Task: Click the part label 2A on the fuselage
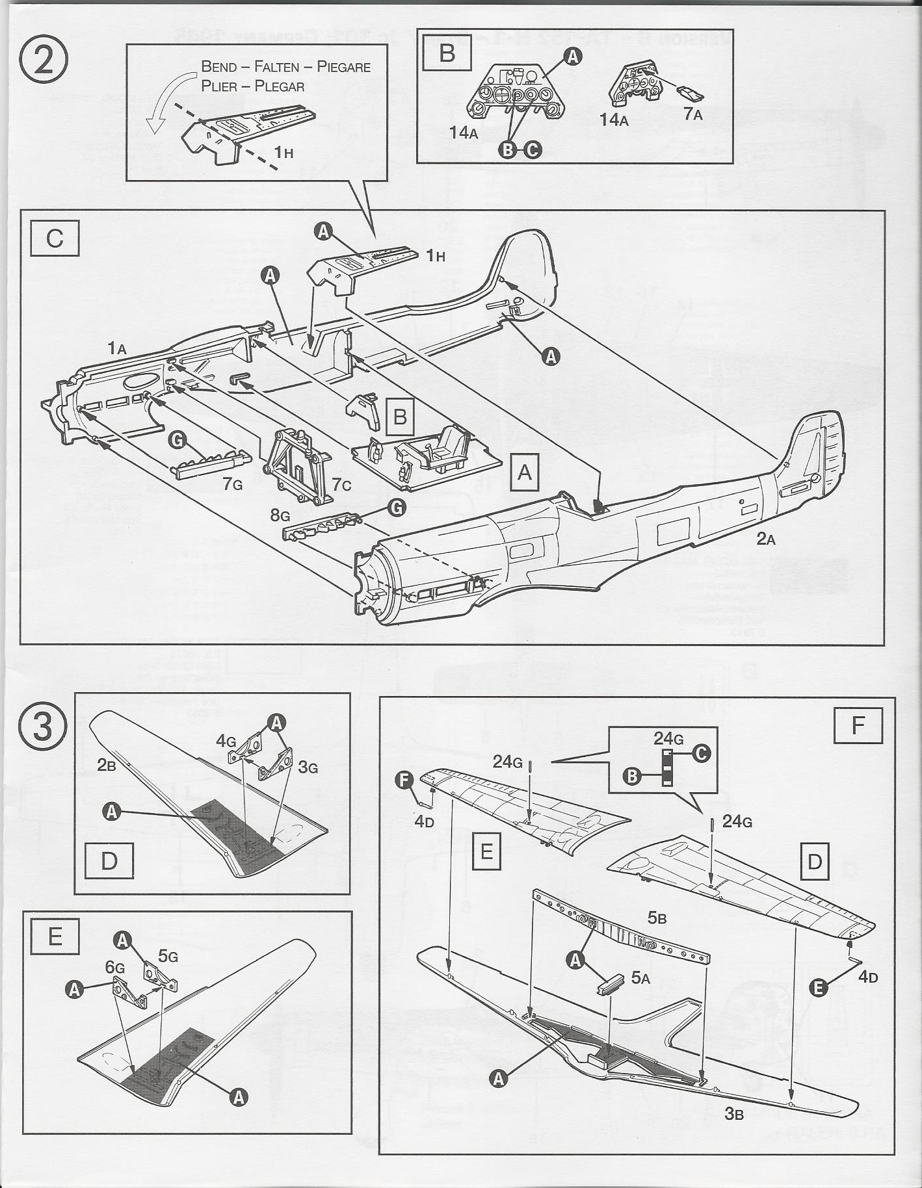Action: (x=765, y=539)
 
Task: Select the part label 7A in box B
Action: (x=692, y=115)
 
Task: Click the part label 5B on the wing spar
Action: (x=657, y=918)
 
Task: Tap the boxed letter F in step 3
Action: (x=858, y=724)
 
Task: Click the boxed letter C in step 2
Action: (x=55, y=239)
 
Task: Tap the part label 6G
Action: (x=115, y=968)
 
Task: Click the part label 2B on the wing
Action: (x=106, y=765)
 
